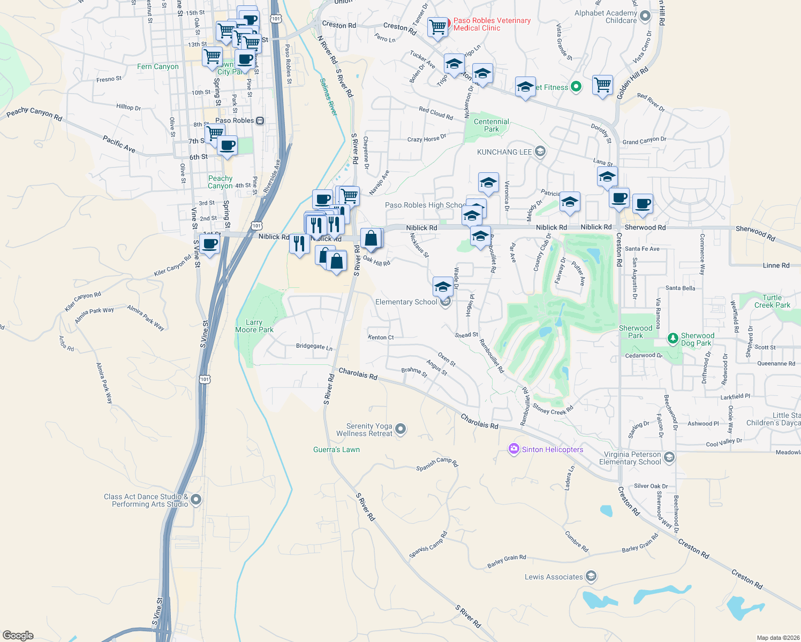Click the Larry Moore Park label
click(254, 326)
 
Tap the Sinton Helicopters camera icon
click(514, 449)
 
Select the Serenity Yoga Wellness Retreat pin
click(400, 429)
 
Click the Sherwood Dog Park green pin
click(673, 338)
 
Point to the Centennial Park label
click(492, 125)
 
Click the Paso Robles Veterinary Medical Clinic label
click(492, 24)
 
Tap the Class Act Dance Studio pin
click(196, 500)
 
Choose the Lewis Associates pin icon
click(591, 576)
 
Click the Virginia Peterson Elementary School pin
click(669, 457)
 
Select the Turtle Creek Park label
click(772, 301)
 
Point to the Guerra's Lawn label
click(336, 449)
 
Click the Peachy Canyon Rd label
click(34, 113)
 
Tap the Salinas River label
click(328, 97)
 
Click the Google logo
click(18, 635)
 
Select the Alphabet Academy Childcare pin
click(645, 16)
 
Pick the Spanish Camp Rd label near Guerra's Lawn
click(437, 463)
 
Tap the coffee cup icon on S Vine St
click(210, 243)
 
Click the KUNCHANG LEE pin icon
click(540, 151)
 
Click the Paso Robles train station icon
click(260, 120)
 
